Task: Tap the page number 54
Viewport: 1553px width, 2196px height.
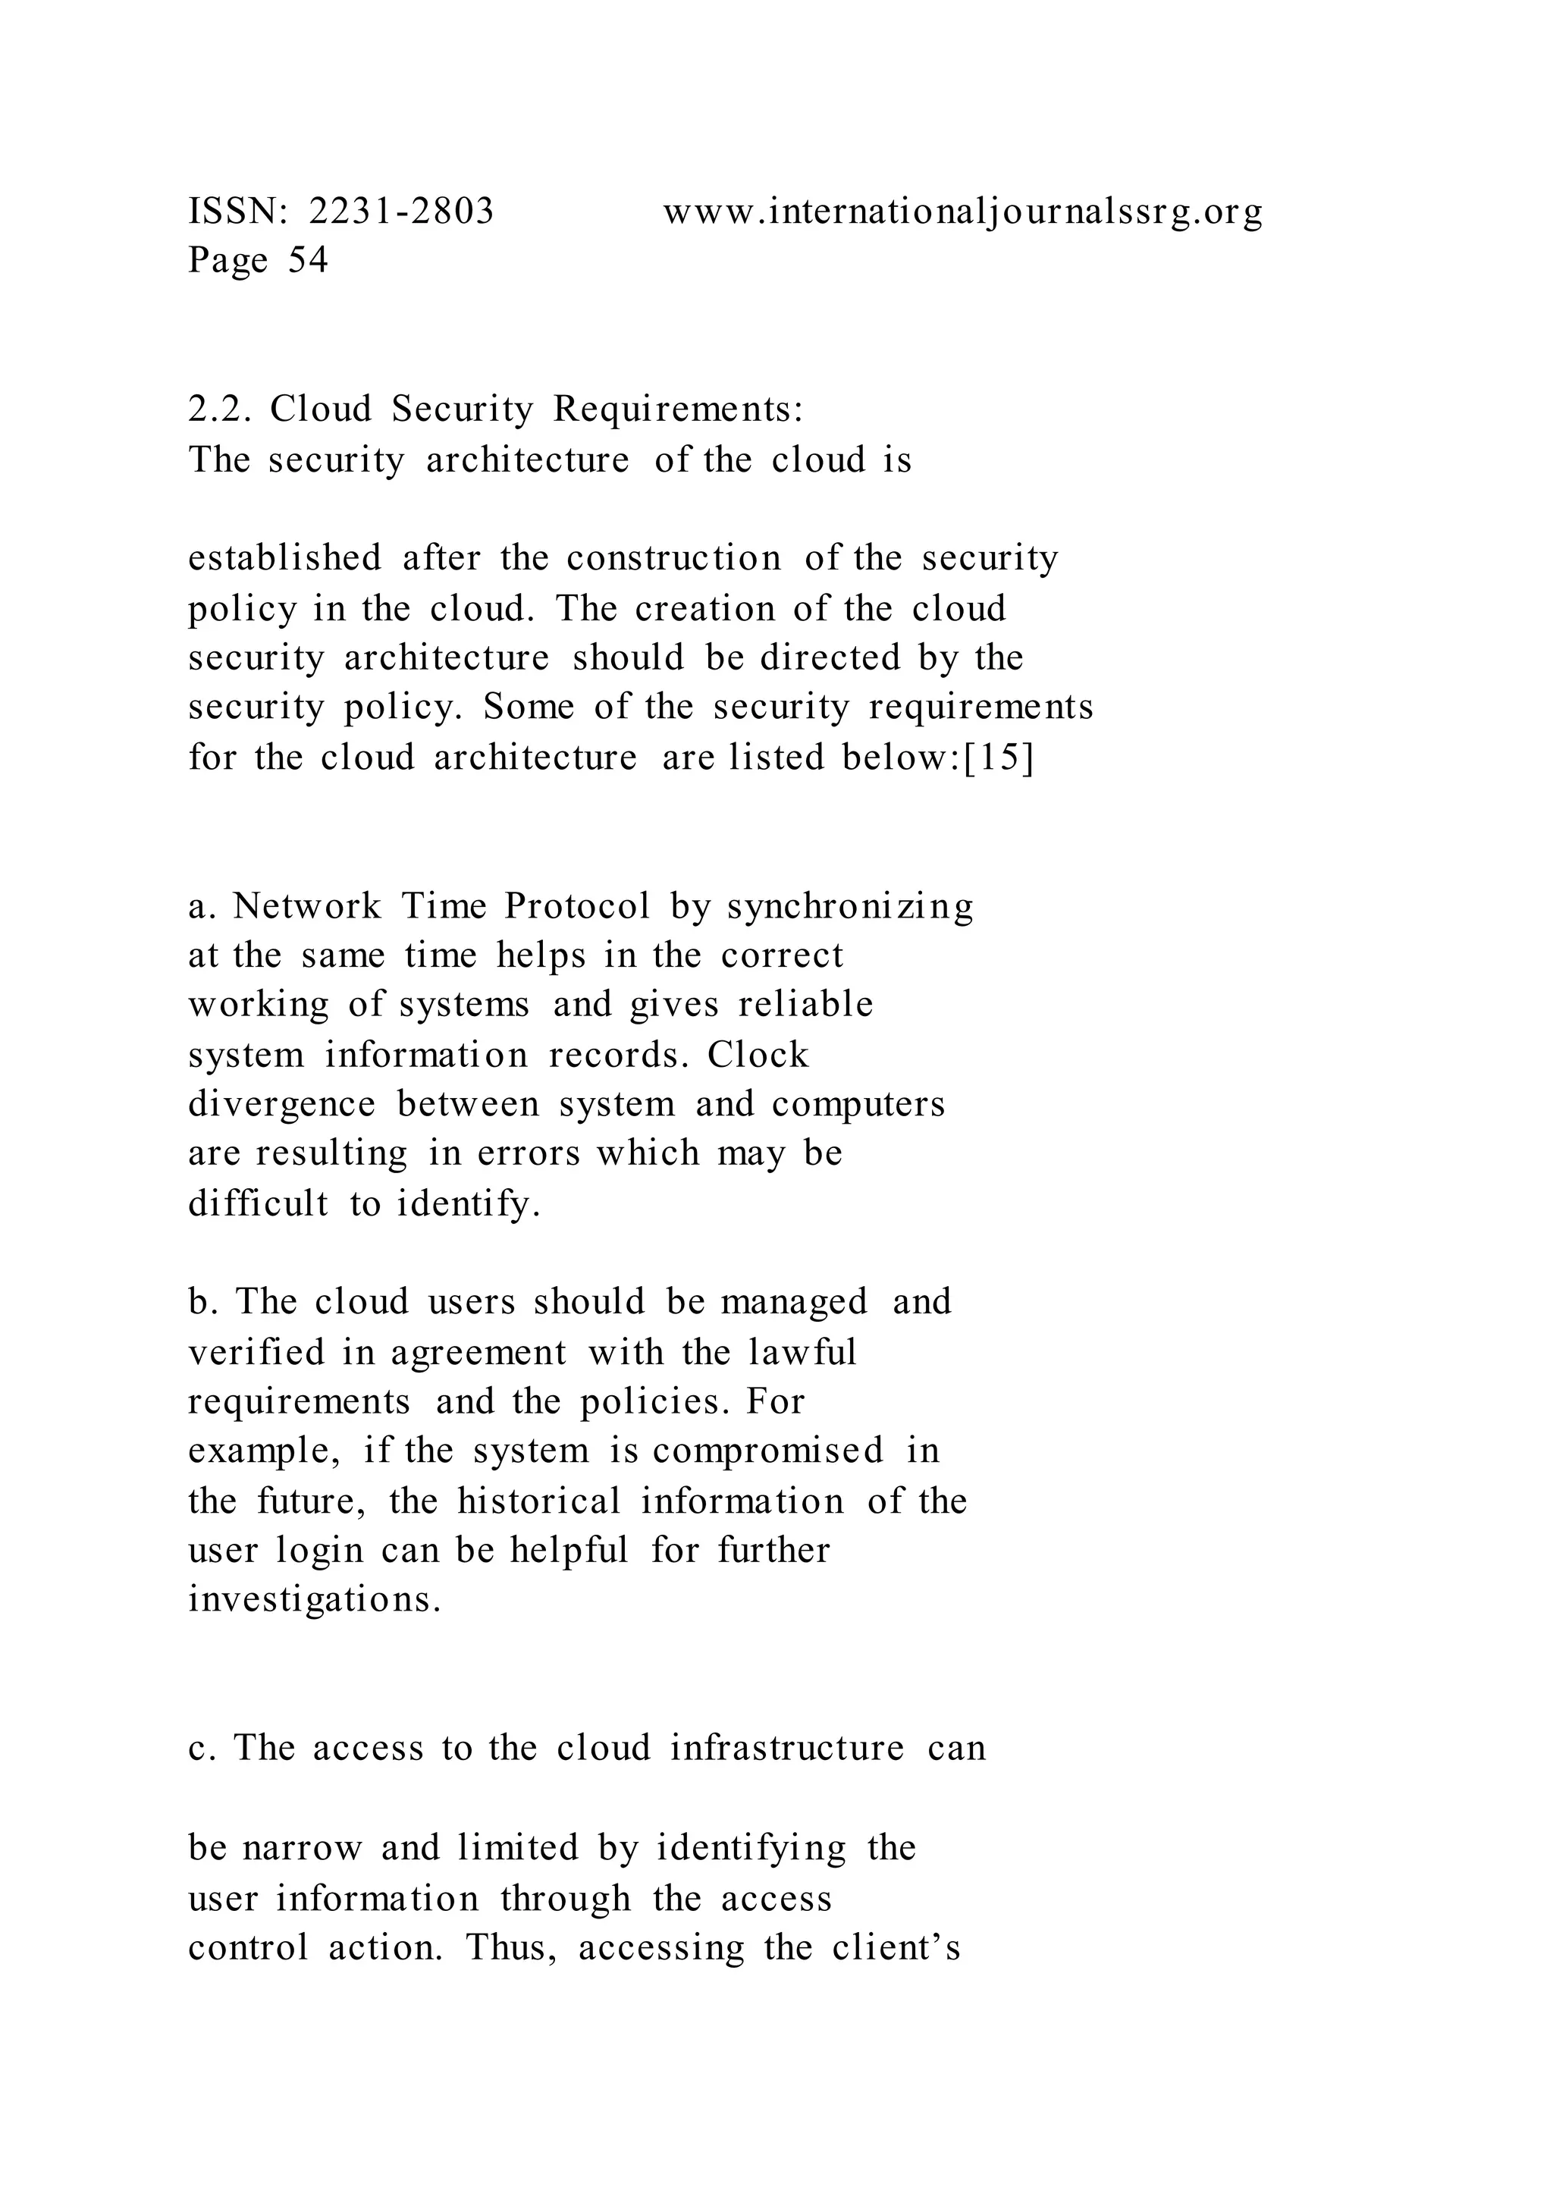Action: click(308, 260)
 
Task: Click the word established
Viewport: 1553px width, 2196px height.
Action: click(285, 557)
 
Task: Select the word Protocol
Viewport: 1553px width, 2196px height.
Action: click(576, 905)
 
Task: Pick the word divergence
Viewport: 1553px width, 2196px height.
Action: click(282, 1105)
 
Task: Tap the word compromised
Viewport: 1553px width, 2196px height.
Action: click(768, 1451)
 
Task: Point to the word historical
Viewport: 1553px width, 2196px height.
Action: click(539, 1501)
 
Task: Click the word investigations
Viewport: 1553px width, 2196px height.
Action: click(315, 1600)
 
